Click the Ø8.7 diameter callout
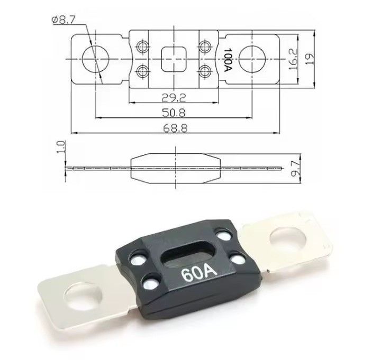[x=63, y=20]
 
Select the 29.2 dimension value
[x=174, y=98]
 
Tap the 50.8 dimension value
[x=174, y=113]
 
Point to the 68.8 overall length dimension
[x=175, y=128]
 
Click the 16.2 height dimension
[x=293, y=59]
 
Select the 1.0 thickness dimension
[x=61, y=147]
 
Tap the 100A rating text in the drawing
[x=228, y=59]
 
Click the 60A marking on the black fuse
[x=199, y=274]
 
